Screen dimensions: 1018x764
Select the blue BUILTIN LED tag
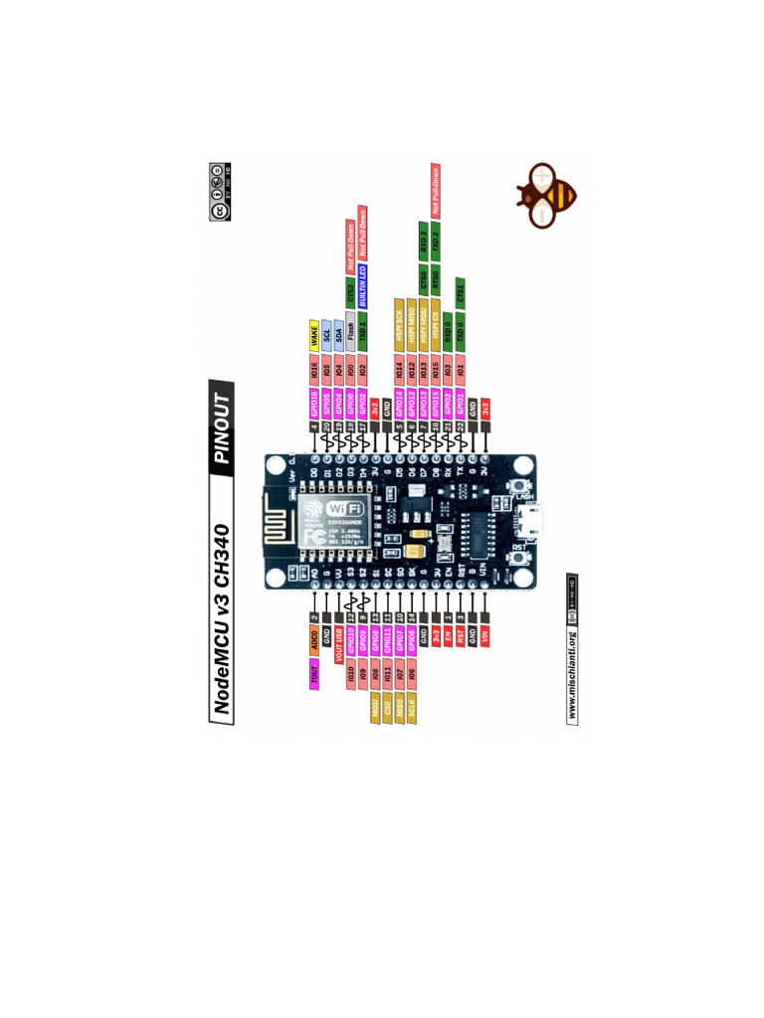pyautogui.click(x=363, y=281)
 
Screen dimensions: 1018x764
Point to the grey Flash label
pyautogui.click(x=350, y=332)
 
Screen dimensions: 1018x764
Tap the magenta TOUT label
pyautogui.click(x=314, y=678)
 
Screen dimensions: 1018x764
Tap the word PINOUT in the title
pyautogui.click(x=222, y=424)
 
